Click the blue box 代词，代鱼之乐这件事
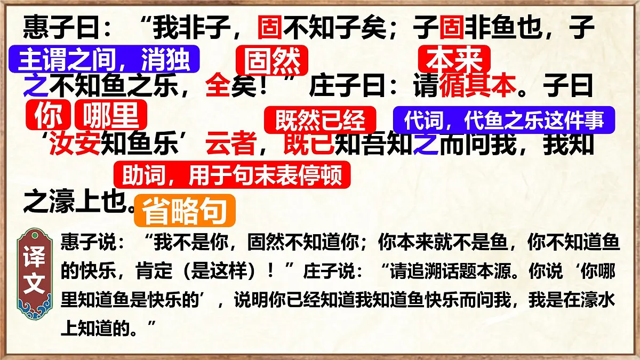tap(504, 120)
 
